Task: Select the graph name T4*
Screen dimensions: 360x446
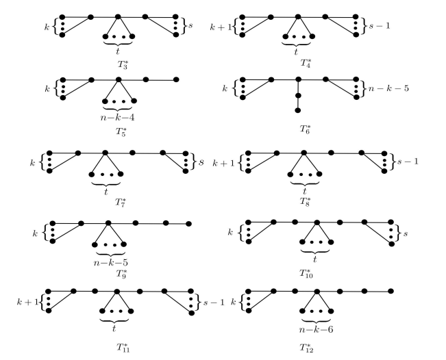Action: click(x=296, y=62)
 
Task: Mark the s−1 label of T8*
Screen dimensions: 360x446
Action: click(x=409, y=164)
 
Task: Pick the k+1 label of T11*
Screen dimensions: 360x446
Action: click(x=31, y=301)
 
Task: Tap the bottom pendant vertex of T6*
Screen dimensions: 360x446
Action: click(x=298, y=110)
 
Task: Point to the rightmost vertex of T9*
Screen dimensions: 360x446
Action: click(x=188, y=223)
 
